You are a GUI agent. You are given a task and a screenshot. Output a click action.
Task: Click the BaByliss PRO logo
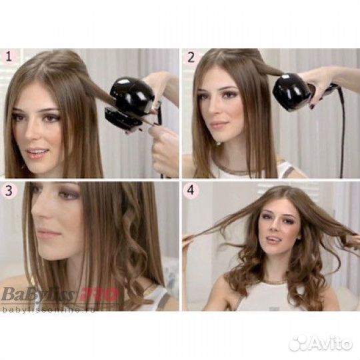click(x=60, y=293)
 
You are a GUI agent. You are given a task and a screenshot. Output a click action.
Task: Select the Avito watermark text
click(x=329, y=343)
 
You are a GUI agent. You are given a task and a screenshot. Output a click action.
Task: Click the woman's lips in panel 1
click(x=38, y=152)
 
